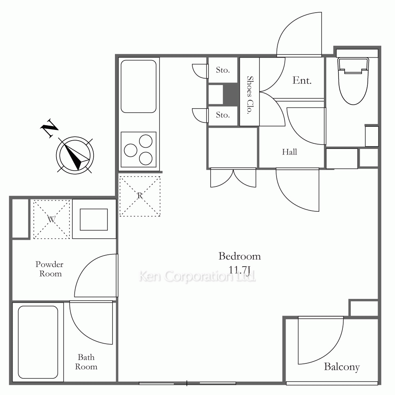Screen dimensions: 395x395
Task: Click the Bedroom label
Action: click(240, 256)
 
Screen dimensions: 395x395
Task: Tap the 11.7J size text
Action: click(239, 270)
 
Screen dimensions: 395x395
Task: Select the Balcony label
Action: click(342, 367)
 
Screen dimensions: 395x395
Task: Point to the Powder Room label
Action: click(50, 269)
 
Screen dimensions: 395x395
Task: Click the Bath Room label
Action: click(86, 362)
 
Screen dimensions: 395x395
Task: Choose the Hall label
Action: click(290, 152)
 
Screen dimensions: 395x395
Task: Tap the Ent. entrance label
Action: click(302, 80)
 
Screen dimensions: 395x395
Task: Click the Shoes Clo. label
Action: click(250, 95)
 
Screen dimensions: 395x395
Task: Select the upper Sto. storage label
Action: click(223, 70)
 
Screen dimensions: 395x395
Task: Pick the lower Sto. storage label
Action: click(223, 115)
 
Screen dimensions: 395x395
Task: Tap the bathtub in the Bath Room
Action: click(38, 342)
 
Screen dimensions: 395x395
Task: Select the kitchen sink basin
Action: click(139, 87)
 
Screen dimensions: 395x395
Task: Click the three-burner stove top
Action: click(139, 150)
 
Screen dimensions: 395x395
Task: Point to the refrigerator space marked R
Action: click(140, 196)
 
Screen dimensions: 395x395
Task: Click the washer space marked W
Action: click(52, 219)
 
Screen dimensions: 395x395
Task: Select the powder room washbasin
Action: click(94, 219)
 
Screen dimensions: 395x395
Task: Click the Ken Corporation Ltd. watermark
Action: click(197, 276)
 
